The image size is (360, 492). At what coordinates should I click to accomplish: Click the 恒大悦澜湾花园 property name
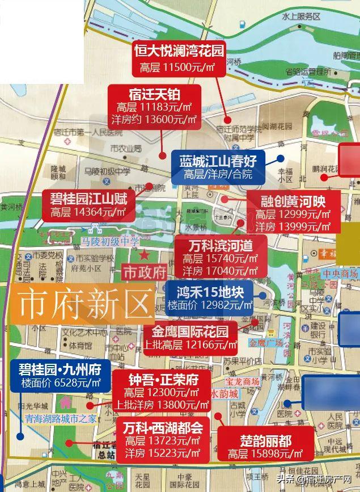click(x=179, y=50)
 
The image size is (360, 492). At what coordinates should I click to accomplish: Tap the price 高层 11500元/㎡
click(x=179, y=67)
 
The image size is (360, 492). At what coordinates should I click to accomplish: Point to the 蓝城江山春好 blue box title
click(x=218, y=161)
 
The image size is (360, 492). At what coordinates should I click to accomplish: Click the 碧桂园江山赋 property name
click(x=88, y=198)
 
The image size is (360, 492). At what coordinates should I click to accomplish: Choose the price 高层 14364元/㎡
click(x=88, y=213)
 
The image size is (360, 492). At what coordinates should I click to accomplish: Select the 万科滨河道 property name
click(x=221, y=245)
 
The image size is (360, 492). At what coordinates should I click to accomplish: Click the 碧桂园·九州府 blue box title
click(x=60, y=368)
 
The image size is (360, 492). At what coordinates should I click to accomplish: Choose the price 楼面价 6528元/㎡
click(x=60, y=383)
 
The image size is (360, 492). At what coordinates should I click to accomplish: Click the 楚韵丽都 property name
click(x=266, y=440)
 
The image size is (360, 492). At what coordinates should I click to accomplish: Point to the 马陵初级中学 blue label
click(x=109, y=242)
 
